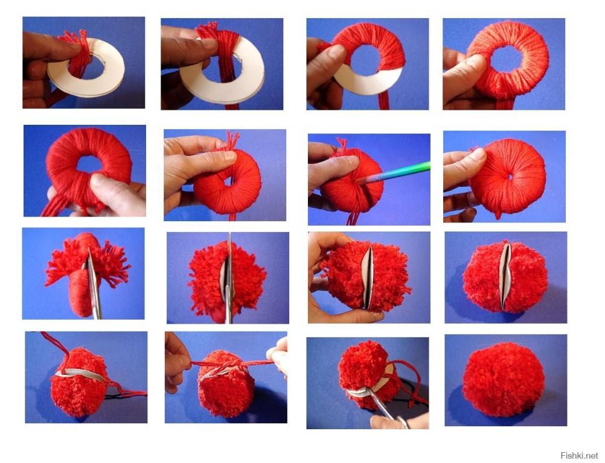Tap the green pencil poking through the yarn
(394, 172)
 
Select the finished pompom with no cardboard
(503, 379)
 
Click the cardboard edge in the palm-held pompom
(367, 277)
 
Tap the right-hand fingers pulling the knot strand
(278, 354)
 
